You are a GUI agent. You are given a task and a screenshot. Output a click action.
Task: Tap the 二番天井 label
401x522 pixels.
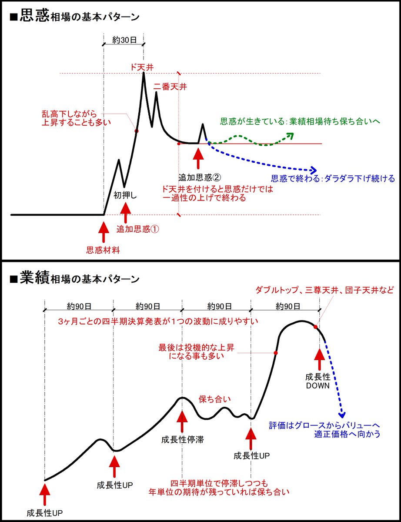coord(170,87)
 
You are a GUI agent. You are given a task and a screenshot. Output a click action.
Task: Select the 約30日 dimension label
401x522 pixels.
coord(124,40)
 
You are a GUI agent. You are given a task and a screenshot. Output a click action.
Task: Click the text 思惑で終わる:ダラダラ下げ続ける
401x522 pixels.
coord(333,178)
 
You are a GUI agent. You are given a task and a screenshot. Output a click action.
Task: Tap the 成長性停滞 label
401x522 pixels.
coord(182,439)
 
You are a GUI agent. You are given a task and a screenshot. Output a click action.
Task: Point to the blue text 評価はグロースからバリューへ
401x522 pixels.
coord(324,425)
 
